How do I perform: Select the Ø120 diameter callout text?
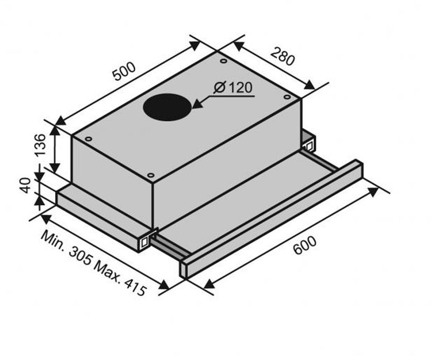pos(233,87)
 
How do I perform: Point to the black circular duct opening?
pos(167,107)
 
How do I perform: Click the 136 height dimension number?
pos(40,145)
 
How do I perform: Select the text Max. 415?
pos(120,278)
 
